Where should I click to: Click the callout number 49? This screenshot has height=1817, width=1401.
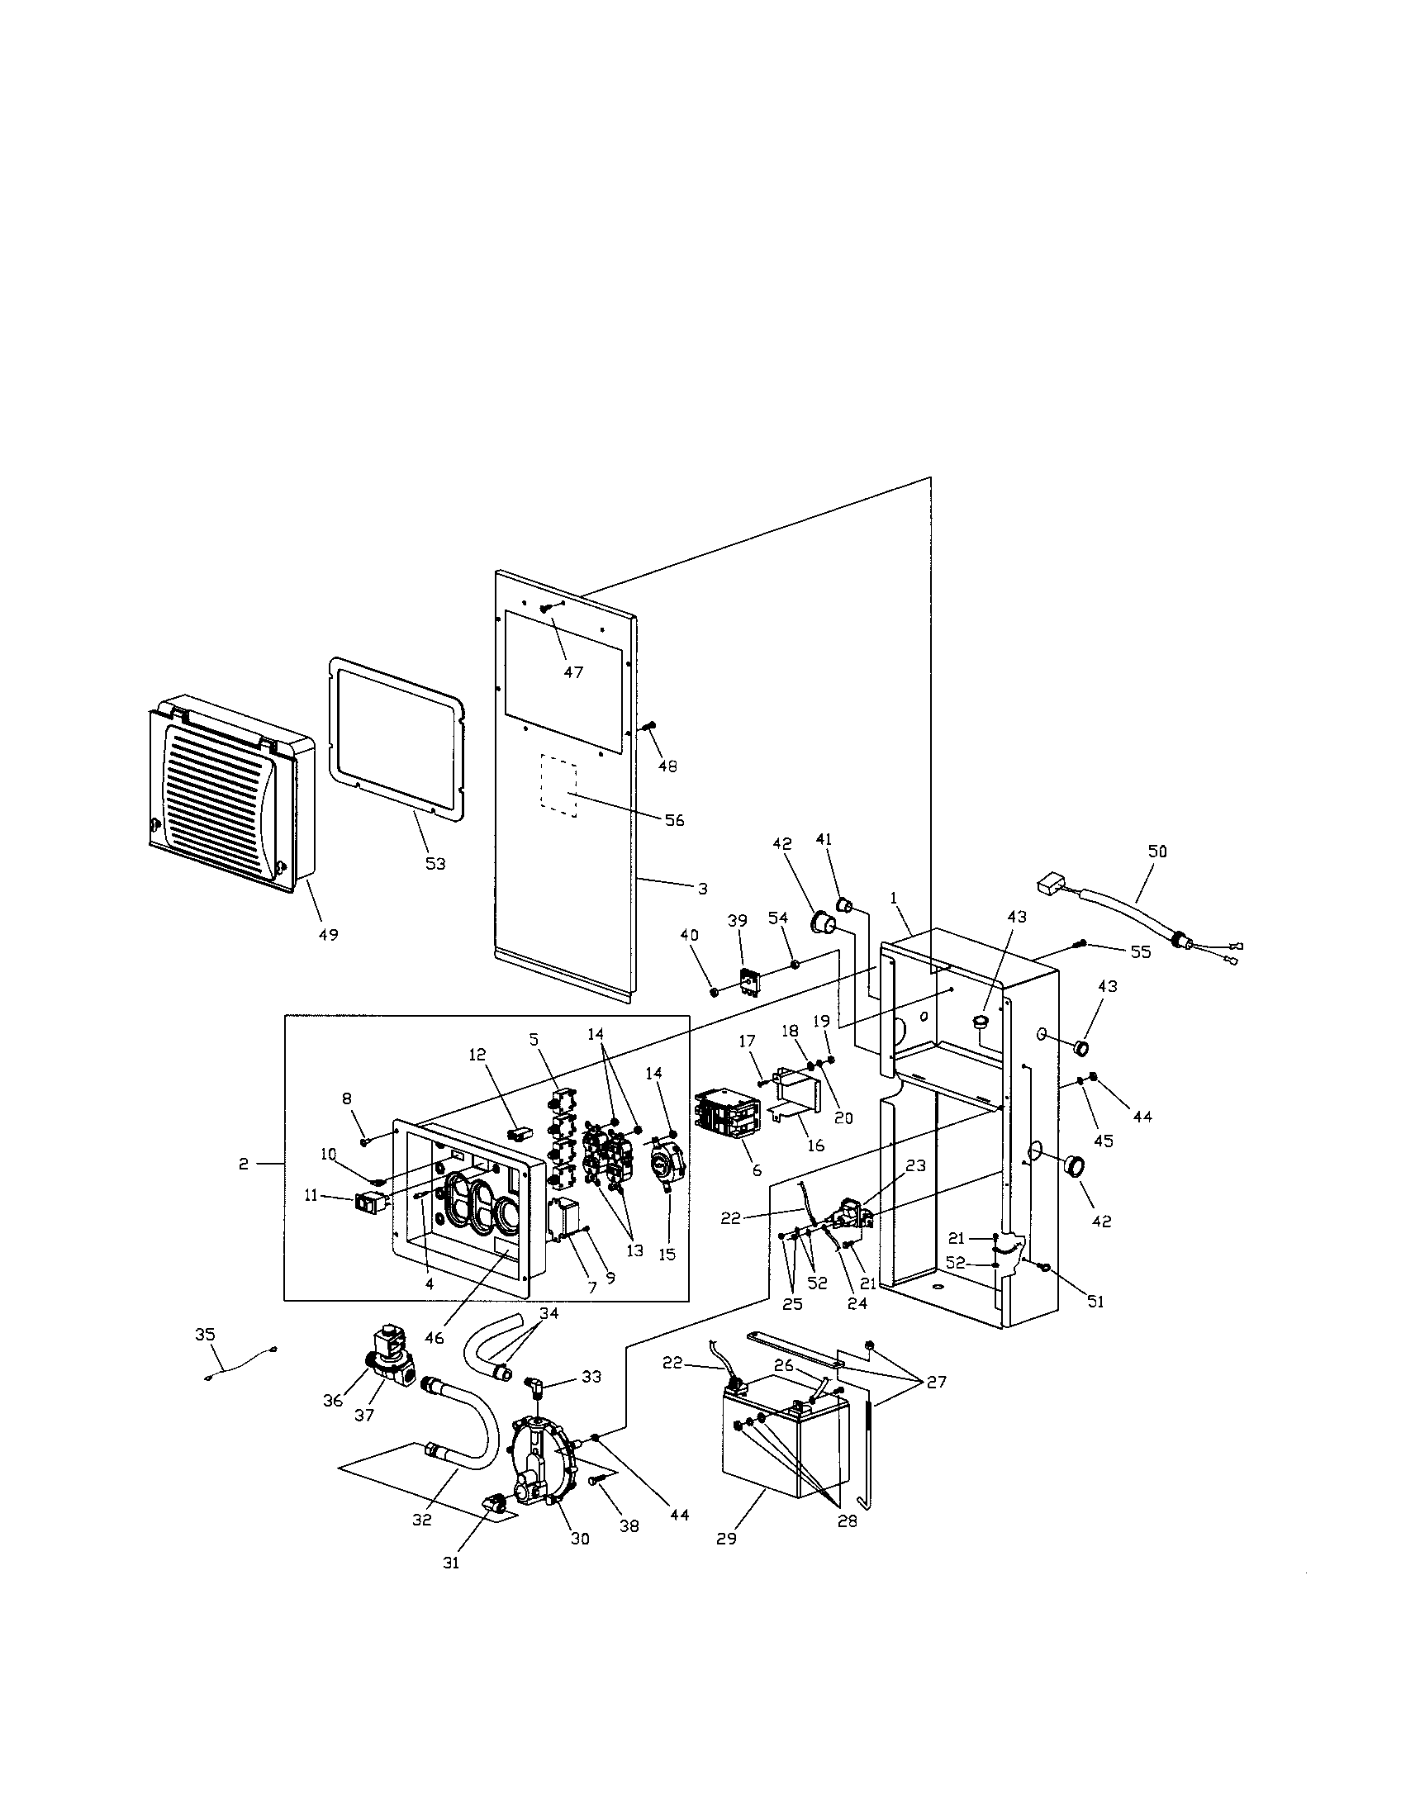pos(328,935)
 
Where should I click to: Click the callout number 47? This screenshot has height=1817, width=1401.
pos(572,672)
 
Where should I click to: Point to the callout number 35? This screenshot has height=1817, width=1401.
pos(205,1335)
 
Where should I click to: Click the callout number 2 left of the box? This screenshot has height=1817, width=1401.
pos(243,1164)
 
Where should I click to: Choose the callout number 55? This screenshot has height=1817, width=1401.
pos(1139,951)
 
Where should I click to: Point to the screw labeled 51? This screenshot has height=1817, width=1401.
pos(1046,1267)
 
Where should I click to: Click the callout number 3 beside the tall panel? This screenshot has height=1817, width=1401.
pos(702,889)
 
